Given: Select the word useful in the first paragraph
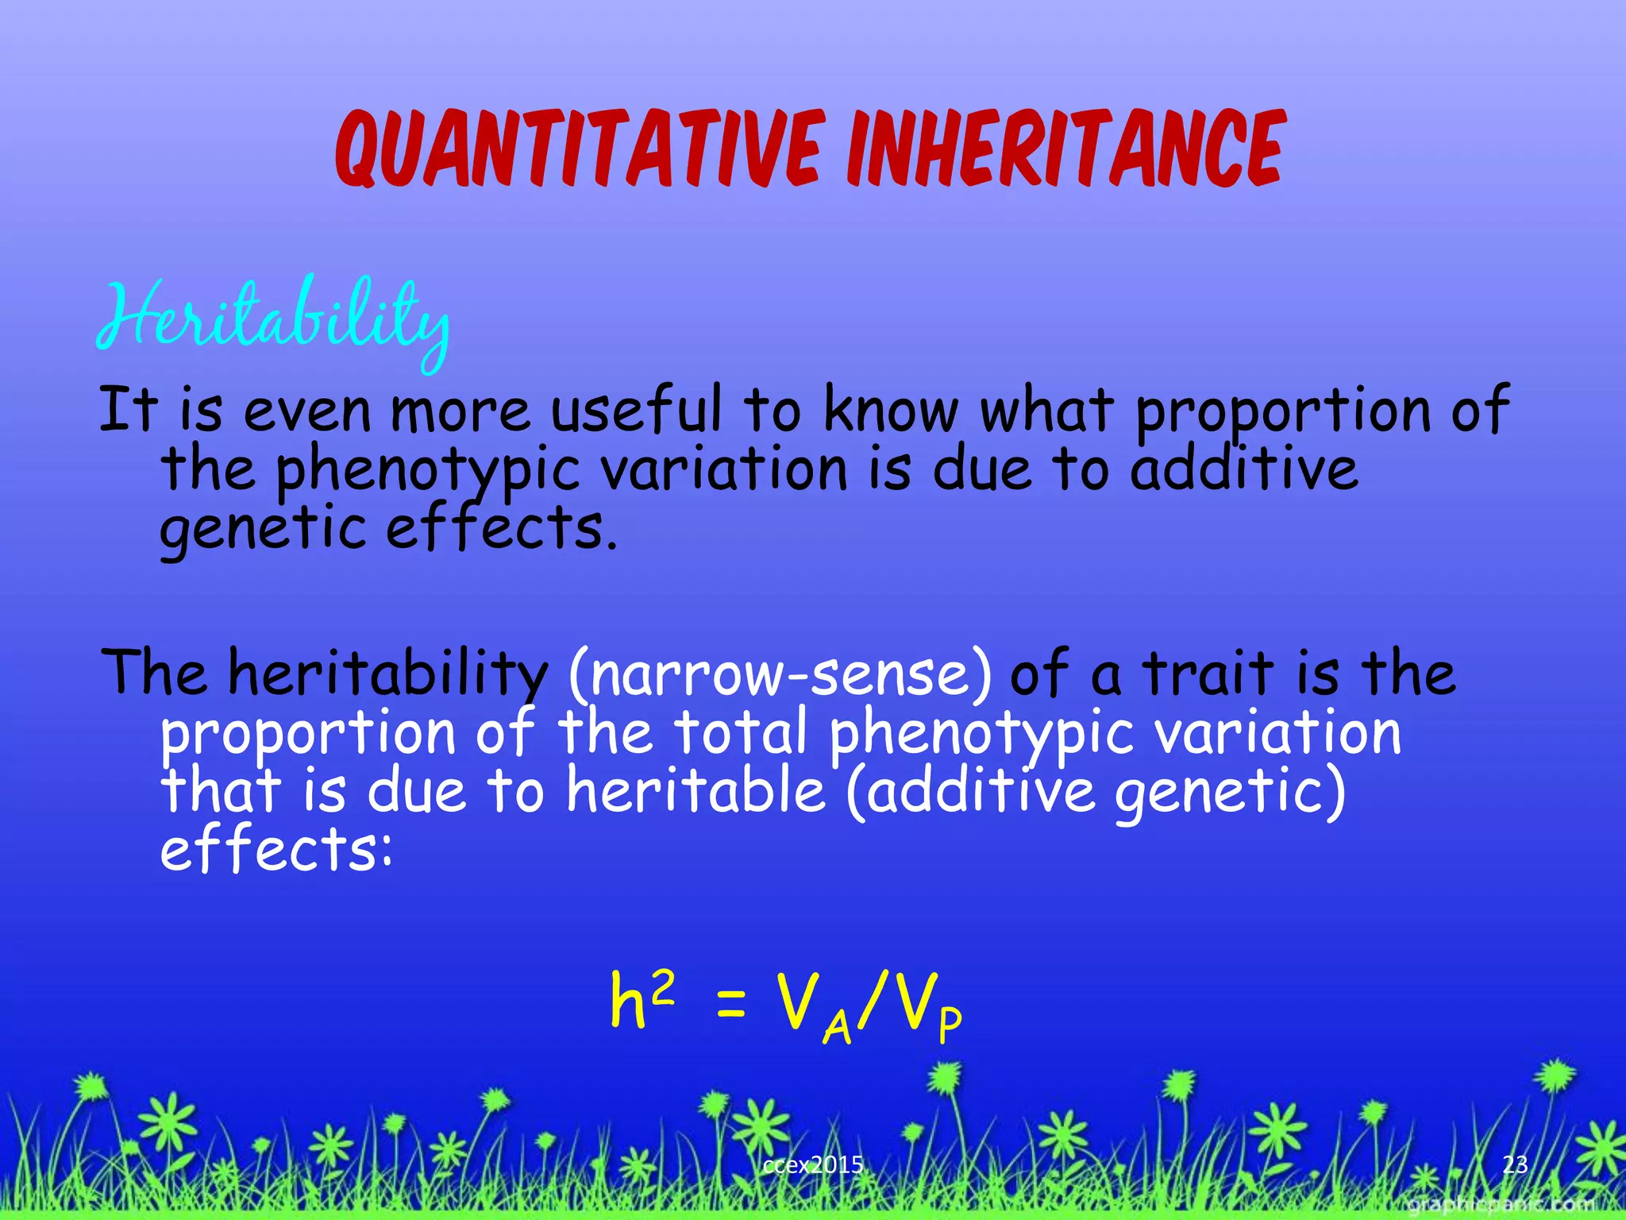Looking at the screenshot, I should [x=637, y=411].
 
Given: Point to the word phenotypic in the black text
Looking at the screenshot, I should [x=427, y=470].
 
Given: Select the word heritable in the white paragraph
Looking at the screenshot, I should [x=695, y=791].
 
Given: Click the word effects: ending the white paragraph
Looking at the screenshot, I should [x=276, y=850].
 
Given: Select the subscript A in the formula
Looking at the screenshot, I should [x=837, y=1030].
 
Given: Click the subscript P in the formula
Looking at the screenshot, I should [x=950, y=1025].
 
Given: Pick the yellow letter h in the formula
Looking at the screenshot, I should [x=627, y=1002].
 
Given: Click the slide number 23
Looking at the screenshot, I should [x=1515, y=1164].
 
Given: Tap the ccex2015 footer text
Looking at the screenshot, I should [x=812, y=1165].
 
